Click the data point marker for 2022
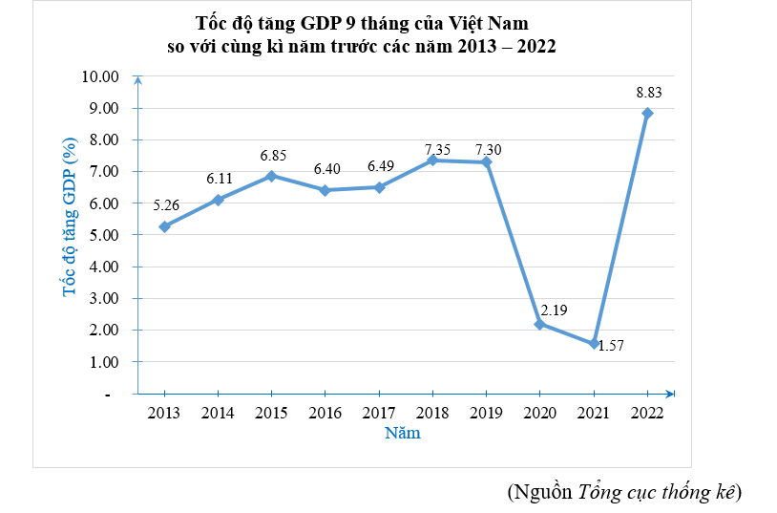point(647,114)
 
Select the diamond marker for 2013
point(164,226)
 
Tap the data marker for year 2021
point(594,344)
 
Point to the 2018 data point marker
point(432,160)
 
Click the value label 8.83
point(648,93)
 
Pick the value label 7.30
point(487,149)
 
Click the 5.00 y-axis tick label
point(105,235)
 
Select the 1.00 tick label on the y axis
point(105,362)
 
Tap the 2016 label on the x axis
point(325,413)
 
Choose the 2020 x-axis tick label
point(540,413)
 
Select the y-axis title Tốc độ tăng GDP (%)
point(70,217)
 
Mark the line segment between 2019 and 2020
point(514,244)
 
